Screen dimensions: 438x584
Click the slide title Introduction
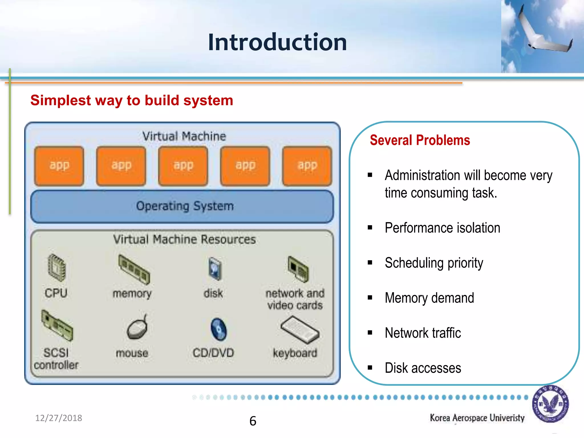click(277, 42)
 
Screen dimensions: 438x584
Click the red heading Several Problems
click(420, 140)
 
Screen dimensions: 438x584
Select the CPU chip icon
click(56, 267)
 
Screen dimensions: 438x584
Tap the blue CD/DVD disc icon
click(218, 329)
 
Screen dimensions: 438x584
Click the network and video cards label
click(295, 299)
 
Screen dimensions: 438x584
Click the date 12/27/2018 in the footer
click(58, 418)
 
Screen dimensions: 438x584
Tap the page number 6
click(253, 421)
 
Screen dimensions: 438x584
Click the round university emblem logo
click(550, 404)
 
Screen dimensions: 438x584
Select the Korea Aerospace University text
click(477, 418)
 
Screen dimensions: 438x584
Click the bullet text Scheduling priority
click(434, 263)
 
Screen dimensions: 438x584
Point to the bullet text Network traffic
click(423, 333)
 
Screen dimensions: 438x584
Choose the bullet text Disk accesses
click(423, 368)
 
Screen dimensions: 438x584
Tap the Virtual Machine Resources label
click(184, 240)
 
